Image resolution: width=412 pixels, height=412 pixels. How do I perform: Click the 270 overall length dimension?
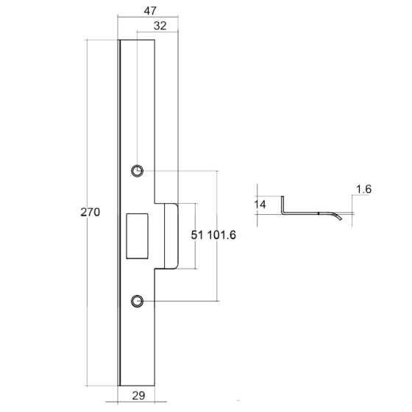pyautogui.click(x=90, y=212)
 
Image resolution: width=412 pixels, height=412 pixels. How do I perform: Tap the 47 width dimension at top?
pyautogui.click(x=150, y=11)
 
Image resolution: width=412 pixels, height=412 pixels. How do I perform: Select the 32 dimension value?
pyautogui.click(x=160, y=26)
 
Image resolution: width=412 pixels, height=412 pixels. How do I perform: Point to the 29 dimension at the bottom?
pyautogui.click(x=138, y=396)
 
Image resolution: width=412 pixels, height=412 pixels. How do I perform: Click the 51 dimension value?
pyautogui.click(x=197, y=235)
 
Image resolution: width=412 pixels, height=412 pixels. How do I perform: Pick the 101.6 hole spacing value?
pyautogui.click(x=221, y=235)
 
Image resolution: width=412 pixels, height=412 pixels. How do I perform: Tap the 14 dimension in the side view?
pyautogui.click(x=260, y=205)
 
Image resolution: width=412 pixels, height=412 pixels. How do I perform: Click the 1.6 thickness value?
pyautogui.click(x=363, y=189)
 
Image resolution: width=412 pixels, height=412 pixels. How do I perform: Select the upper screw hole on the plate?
pyautogui.click(x=137, y=171)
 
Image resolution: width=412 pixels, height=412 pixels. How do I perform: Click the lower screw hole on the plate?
pyautogui.click(x=137, y=301)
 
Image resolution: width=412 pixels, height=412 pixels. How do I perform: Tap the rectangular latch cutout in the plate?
pyautogui.click(x=137, y=236)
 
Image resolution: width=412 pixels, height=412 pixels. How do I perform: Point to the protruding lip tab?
pyautogui.click(x=171, y=236)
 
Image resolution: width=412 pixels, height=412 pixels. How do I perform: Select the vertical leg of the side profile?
pyautogui.click(x=283, y=205)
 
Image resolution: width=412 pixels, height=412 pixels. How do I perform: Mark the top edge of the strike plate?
pyautogui.click(x=136, y=40)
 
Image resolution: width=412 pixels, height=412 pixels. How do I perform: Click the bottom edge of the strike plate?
pyautogui.click(x=136, y=386)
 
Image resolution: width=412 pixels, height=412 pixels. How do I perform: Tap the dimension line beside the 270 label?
pyautogui.click(x=87, y=213)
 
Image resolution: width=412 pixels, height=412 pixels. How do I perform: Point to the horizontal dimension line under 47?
pyautogui.click(x=148, y=17)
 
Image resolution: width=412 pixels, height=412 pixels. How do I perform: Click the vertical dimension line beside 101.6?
pyautogui.click(x=217, y=236)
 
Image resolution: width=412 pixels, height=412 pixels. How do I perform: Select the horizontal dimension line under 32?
pyautogui.click(x=157, y=32)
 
